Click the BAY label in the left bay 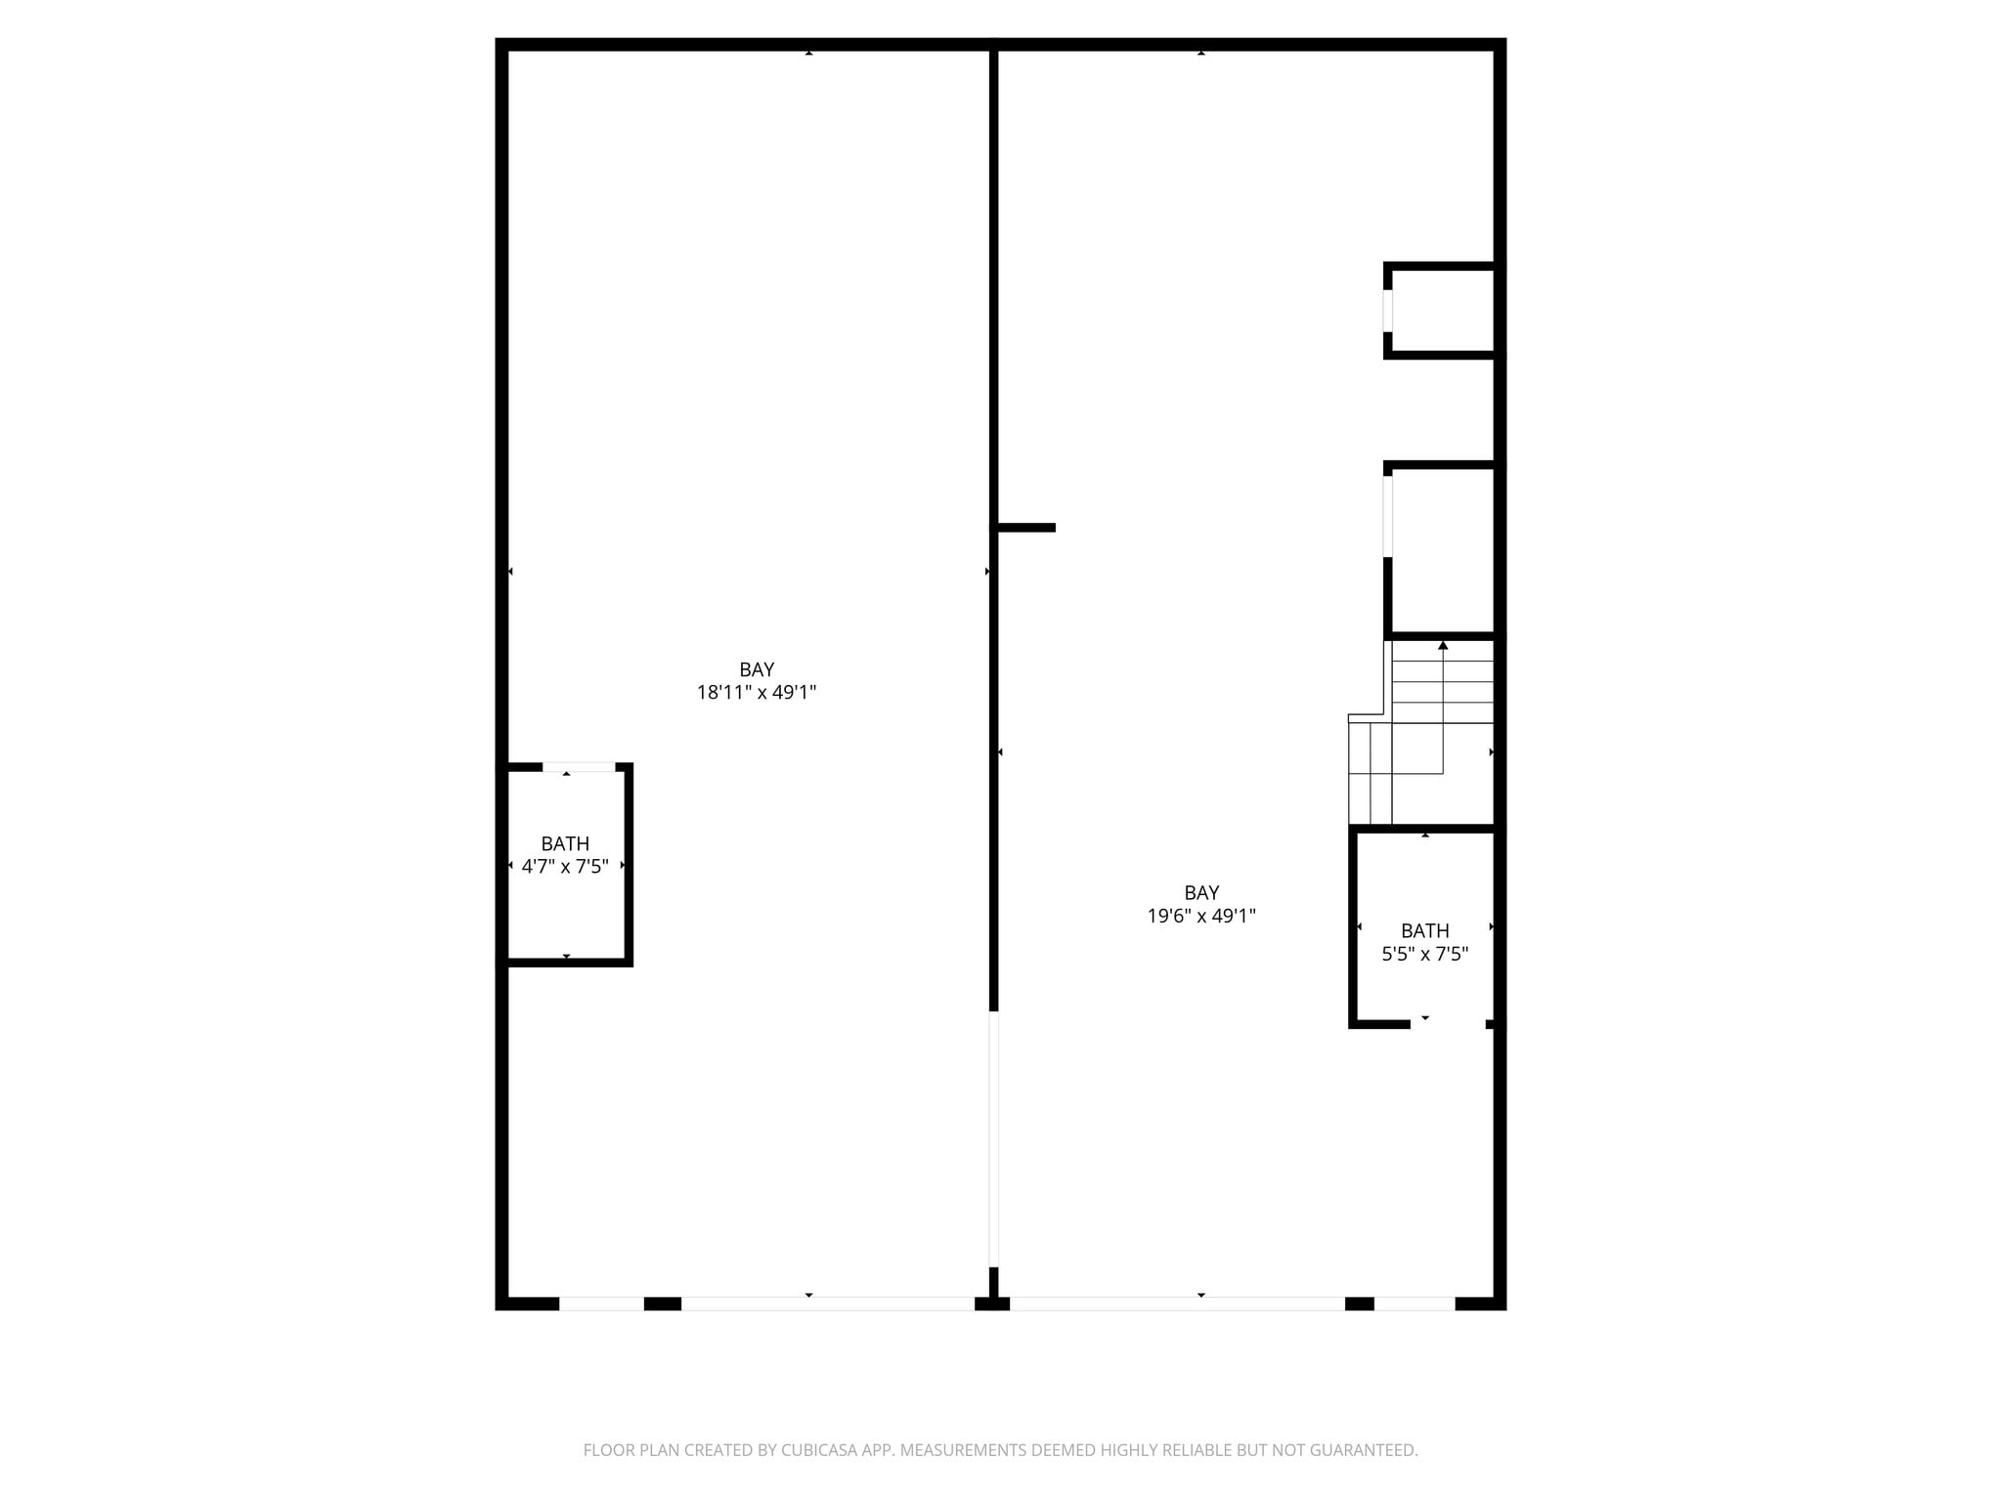pyautogui.click(x=757, y=669)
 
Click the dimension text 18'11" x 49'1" pyautogui.click(x=757, y=693)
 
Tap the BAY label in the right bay pyautogui.click(x=1201, y=892)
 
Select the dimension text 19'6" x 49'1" pyautogui.click(x=1201, y=916)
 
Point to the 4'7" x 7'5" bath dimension pyautogui.click(x=565, y=866)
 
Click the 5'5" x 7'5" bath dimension pyautogui.click(x=1424, y=954)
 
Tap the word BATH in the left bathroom pyautogui.click(x=565, y=843)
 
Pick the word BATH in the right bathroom pyautogui.click(x=1424, y=930)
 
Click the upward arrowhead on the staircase pyautogui.click(x=1443, y=645)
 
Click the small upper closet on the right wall pyautogui.click(x=1443, y=310)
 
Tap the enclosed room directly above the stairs pyautogui.click(x=1443, y=550)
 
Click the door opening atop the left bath pyautogui.click(x=579, y=767)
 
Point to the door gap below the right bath pyautogui.click(x=1448, y=1024)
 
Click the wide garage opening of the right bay pyautogui.click(x=1177, y=1303)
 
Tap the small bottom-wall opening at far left pyautogui.click(x=601, y=1303)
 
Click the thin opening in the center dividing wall pyautogui.click(x=994, y=1138)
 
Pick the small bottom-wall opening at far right pyautogui.click(x=1414, y=1303)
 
